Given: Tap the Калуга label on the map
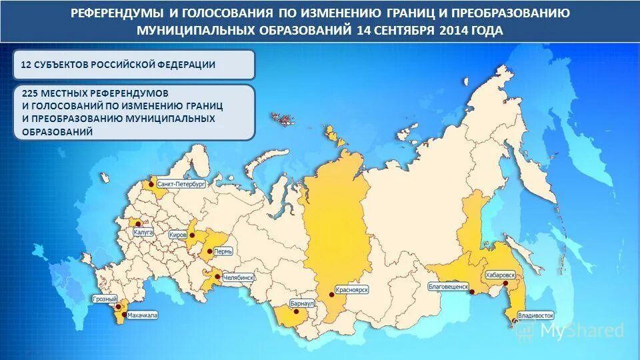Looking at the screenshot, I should tap(143, 233).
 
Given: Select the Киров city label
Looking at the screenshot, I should tap(179, 235).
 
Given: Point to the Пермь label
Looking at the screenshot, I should tap(224, 253).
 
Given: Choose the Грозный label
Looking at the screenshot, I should tap(105, 299).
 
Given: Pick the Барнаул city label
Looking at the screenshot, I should tap(302, 303).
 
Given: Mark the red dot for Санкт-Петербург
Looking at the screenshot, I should tap(153, 183).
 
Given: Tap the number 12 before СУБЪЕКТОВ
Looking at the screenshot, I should tap(26, 65).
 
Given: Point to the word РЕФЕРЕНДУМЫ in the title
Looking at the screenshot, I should tap(115, 13).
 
